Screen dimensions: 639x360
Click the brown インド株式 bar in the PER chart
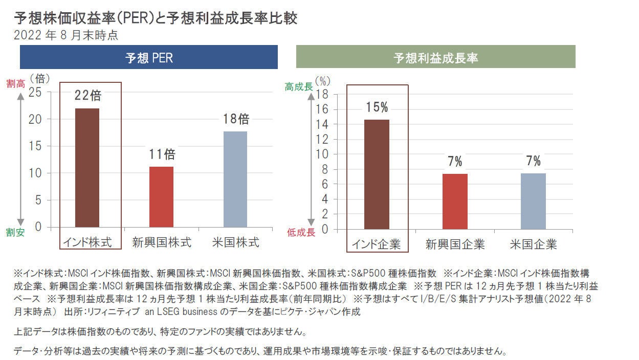tap(87, 168)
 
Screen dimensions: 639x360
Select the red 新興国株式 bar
tap(161, 197)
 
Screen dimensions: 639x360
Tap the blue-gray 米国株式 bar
tap(235, 179)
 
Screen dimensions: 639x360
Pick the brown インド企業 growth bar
tap(377, 174)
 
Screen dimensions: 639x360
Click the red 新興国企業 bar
tap(455, 201)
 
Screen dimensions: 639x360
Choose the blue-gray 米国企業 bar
tap(533, 201)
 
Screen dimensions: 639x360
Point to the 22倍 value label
tap(88, 95)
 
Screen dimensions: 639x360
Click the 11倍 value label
tap(162, 154)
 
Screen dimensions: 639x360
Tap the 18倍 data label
tap(236, 119)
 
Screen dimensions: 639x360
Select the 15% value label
tap(377, 107)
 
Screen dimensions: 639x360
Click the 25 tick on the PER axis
tap(35, 93)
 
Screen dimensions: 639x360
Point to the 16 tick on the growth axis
tap(322, 109)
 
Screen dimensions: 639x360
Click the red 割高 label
tap(16, 84)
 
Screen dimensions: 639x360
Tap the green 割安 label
tap(15, 232)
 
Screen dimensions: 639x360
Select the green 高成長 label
tap(299, 86)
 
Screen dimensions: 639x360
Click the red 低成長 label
tap(301, 232)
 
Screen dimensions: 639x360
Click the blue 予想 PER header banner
tap(149, 57)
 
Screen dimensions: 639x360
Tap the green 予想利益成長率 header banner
tap(435, 56)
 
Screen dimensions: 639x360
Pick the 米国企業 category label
tap(533, 244)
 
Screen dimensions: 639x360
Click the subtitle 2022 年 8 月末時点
tap(66, 35)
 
